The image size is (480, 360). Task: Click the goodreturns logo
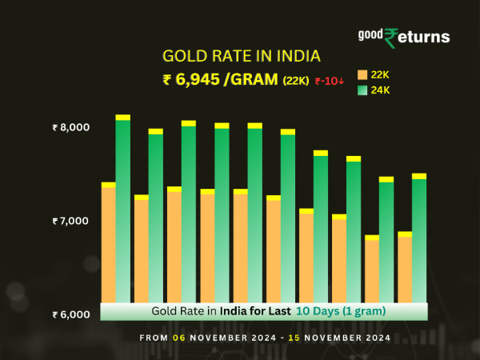click(403, 37)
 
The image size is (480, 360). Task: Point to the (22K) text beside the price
click(297, 80)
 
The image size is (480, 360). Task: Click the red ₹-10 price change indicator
click(329, 80)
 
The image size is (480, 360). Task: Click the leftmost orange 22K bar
click(109, 244)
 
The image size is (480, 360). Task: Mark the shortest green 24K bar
click(386, 240)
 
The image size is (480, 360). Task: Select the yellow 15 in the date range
click(295, 338)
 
